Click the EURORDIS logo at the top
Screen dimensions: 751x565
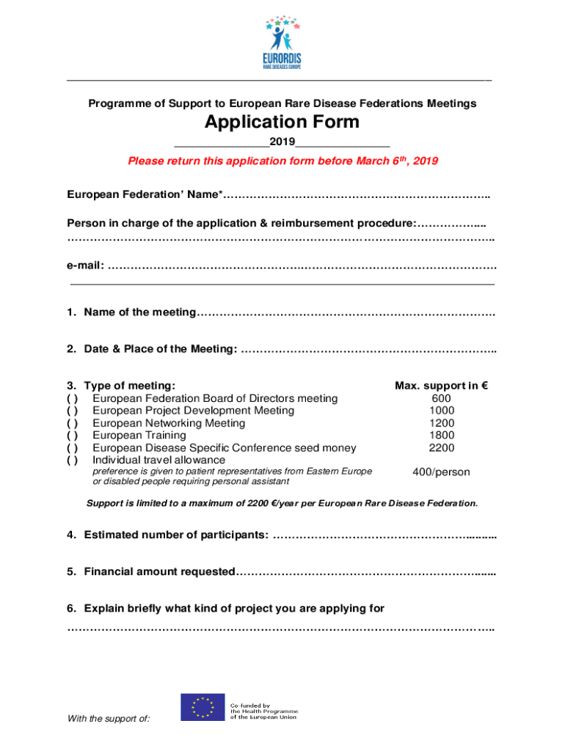click(x=282, y=42)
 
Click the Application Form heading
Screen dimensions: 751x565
click(x=282, y=122)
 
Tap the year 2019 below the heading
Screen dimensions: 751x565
click(x=282, y=141)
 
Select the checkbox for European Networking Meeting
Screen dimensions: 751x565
click(x=73, y=423)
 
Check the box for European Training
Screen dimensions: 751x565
click(x=73, y=436)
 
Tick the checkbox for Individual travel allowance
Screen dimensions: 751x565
click(x=73, y=460)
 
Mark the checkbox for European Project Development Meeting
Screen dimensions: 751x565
click(x=73, y=411)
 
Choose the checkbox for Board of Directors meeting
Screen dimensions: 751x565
click(x=73, y=398)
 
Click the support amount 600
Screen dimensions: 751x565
click(x=442, y=398)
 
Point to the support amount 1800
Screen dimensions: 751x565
click(x=442, y=436)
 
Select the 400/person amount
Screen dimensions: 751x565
click(x=441, y=472)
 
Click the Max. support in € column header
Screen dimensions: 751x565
click(x=441, y=386)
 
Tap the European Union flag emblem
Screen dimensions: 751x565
click(x=203, y=707)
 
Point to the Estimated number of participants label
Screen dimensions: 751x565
click(x=176, y=535)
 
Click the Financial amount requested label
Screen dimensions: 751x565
click(x=160, y=572)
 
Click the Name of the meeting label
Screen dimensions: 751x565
click(x=140, y=313)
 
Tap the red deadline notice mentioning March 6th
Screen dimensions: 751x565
click(x=282, y=161)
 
